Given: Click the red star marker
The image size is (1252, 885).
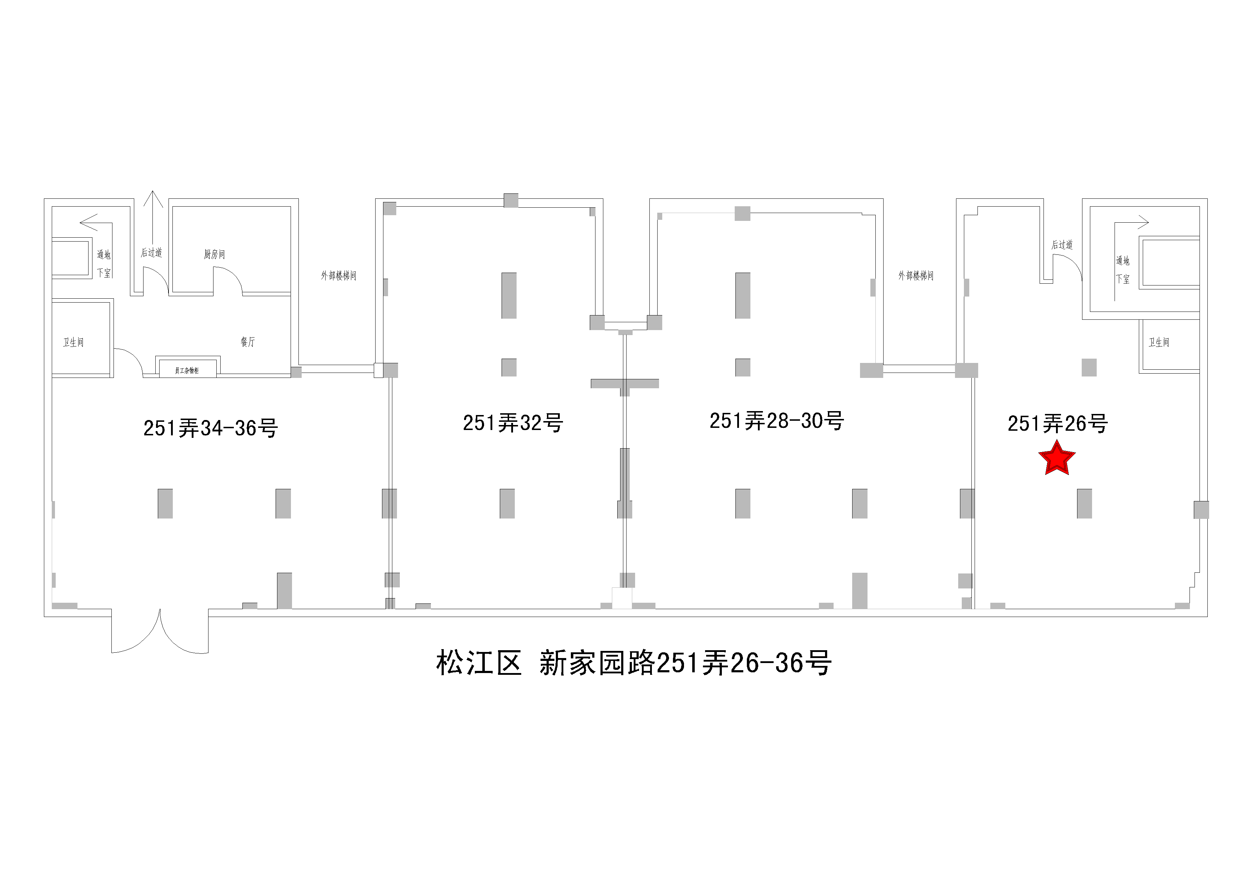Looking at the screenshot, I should click(x=1056, y=458).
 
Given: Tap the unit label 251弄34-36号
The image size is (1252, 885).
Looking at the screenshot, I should click(x=211, y=428).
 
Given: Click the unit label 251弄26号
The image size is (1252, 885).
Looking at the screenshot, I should click(x=1057, y=424).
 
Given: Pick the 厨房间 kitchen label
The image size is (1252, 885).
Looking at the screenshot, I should click(x=214, y=254).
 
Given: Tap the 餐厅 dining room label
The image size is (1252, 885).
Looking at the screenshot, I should click(x=247, y=342).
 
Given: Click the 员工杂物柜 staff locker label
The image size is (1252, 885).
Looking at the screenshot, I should click(x=186, y=370).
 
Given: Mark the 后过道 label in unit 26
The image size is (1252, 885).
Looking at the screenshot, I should click(x=1062, y=245).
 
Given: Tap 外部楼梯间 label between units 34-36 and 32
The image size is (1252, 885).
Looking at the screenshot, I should click(x=338, y=276).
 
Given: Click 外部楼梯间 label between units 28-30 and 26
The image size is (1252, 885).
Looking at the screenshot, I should click(x=916, y=276).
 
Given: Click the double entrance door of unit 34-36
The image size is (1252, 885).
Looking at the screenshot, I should click(x=160, y=632).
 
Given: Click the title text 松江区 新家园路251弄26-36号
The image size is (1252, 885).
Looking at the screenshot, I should click(x=634, y=663).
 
